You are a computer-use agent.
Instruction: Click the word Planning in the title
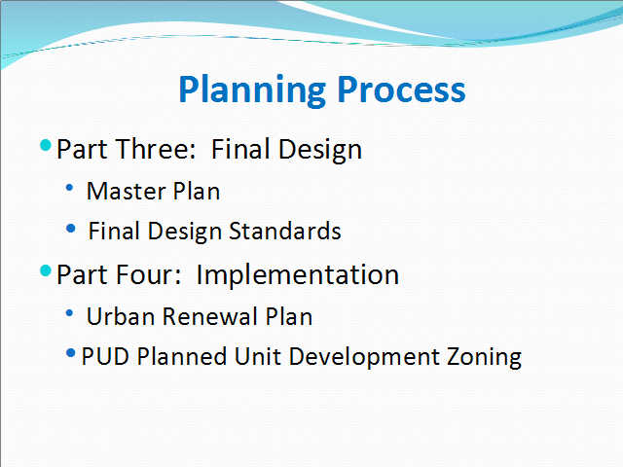point(252,90)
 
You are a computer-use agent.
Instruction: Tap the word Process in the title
point(401,89)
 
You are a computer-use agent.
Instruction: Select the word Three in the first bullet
point(156,149)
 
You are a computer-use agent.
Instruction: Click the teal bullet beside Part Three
point(46,145)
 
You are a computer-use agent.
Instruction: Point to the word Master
point(126,191)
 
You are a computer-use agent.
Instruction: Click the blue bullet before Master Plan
point(69,188)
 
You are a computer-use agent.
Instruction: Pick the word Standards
point(285,231)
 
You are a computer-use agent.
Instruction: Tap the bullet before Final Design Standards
point(71,229)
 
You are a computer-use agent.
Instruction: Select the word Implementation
point(298,275)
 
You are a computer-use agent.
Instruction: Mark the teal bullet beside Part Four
point(46,270)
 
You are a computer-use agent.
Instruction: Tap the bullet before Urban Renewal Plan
point(69,313)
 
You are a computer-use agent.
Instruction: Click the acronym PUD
point(105,356)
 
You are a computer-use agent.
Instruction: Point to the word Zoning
point(484,358)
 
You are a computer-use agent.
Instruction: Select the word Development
point(364,357)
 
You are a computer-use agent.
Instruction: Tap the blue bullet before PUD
point(71,352)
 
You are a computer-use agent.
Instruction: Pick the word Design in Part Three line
point(320,150)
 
